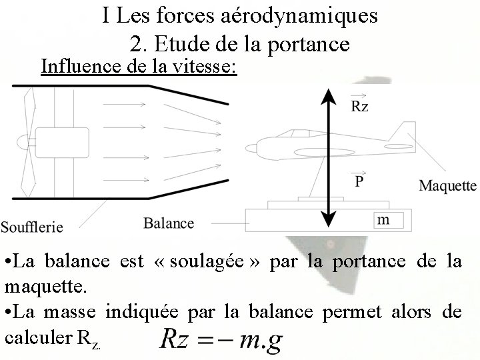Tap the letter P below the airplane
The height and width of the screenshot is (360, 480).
coord(359,181)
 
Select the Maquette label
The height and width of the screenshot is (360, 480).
coord(447,186)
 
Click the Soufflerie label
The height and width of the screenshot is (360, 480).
coord(32,227)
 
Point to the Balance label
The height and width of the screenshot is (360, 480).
coord(169,223)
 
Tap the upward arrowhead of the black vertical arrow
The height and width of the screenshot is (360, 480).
coord(327,97)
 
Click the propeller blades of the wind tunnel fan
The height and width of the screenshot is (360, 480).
coord(28,143)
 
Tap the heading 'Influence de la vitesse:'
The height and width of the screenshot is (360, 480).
coord(139,66)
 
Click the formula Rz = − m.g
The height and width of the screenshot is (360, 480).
coord(220,341)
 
